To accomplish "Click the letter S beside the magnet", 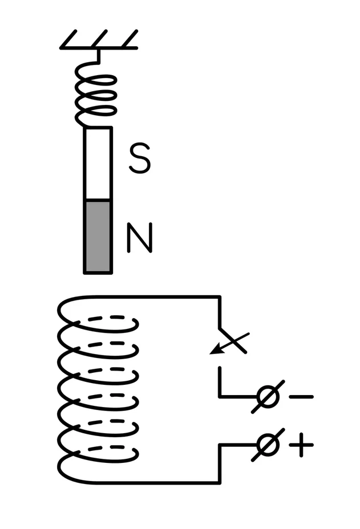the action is coord(140,158).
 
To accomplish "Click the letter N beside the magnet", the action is coord(140,238).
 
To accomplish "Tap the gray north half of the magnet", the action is coord(98,237).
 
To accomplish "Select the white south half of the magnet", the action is coord(98,164).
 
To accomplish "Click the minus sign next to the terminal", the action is coord(301,397).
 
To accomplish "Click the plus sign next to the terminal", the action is coord(301,445).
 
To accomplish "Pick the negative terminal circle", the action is coord(268,397).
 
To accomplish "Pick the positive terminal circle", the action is coord(268,445).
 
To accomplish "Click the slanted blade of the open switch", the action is coord(233,340).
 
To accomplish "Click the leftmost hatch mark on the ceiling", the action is coord(68,39).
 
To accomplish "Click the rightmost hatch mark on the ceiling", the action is coord(130,39).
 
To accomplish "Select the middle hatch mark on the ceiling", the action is coord(99,39).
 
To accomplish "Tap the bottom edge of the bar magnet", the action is coord(98,272).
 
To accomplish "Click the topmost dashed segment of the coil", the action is coord(106,318).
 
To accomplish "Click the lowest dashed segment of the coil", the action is coord(106,448).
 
